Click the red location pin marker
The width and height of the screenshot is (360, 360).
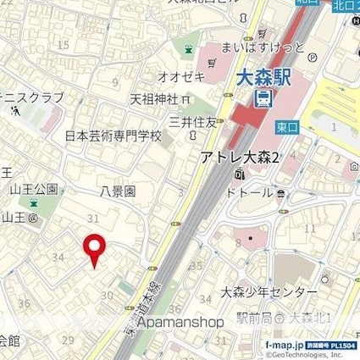[93, 250]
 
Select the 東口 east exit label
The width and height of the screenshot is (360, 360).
[285, 125]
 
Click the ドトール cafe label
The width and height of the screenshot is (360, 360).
[252, 193]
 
